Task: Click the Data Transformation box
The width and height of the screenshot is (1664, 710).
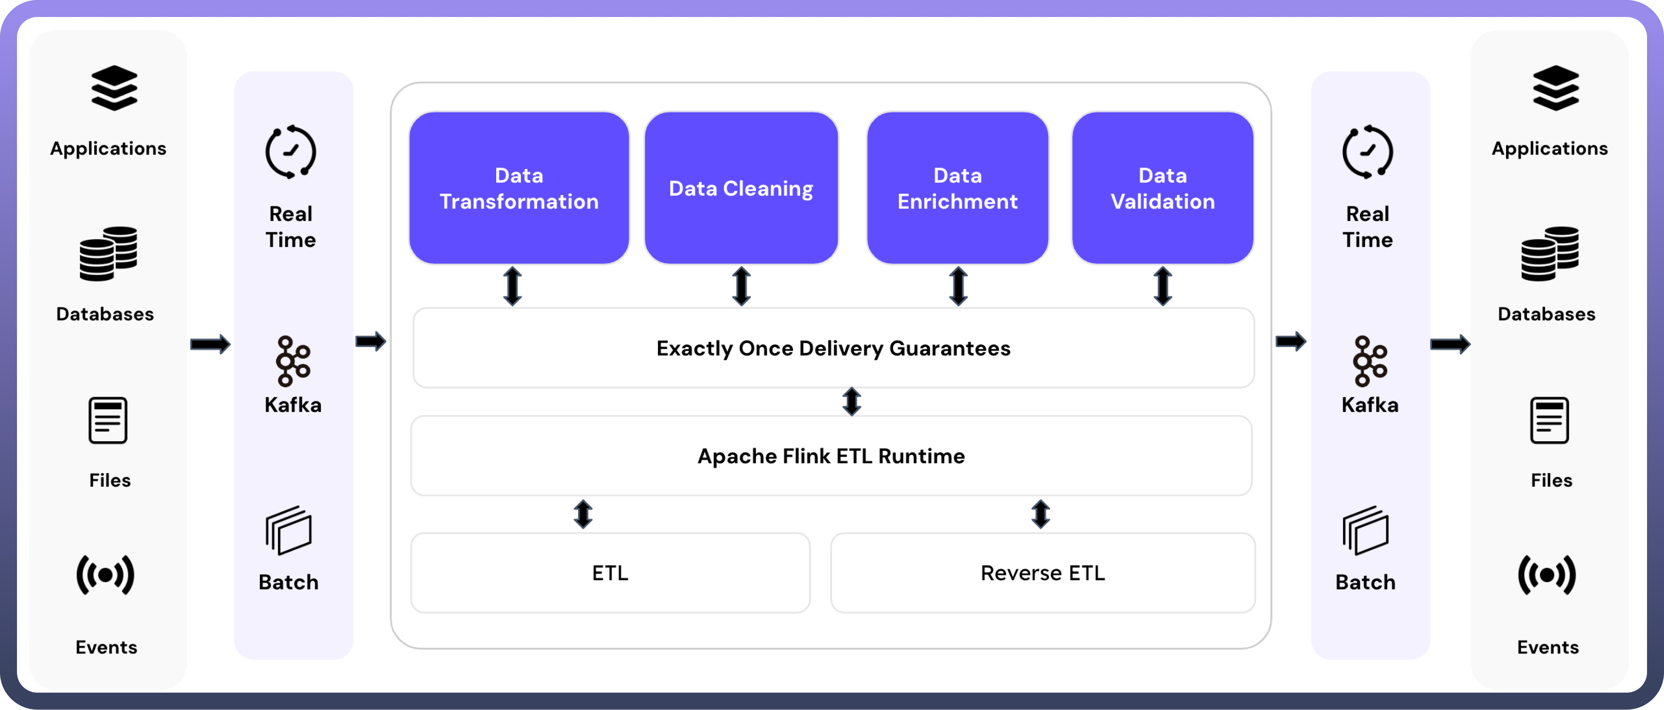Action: (x=519, y=188)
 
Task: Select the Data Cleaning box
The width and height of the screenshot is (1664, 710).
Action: (x=741, y=188)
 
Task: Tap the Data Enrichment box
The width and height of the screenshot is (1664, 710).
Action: (x=957, y=188)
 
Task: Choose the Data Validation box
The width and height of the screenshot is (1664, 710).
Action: (x=1162, y=188)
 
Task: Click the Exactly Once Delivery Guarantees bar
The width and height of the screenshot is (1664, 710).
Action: (x=833, y=348)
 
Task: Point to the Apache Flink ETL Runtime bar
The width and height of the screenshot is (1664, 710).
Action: (x=831, y=456)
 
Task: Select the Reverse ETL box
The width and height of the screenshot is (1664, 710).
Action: (x=1043, y=573)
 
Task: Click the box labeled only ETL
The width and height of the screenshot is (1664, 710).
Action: (x=610, y=573)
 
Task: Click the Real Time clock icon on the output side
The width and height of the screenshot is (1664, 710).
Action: (x=1368, y=152)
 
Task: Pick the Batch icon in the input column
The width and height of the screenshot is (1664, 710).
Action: (x=288, y=531)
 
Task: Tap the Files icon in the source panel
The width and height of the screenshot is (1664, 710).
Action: (x=108, y=420)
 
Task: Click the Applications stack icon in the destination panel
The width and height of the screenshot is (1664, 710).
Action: (x=1555, y=88)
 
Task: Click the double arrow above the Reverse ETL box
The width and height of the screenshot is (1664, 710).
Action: (x=1040, y=514)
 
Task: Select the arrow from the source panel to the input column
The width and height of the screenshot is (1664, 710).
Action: (x=210, y=344)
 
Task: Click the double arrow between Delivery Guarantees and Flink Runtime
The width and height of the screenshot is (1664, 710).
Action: (x=852, y=401)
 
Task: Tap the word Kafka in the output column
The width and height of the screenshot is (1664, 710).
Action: (x=1369, y=405)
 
